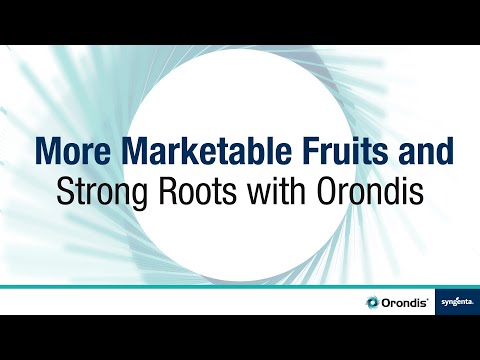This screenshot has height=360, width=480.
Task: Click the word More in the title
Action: click(71, 152)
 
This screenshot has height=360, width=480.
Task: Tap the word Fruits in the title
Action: click(323, 152)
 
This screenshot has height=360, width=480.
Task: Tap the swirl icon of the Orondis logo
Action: click(374, 302)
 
